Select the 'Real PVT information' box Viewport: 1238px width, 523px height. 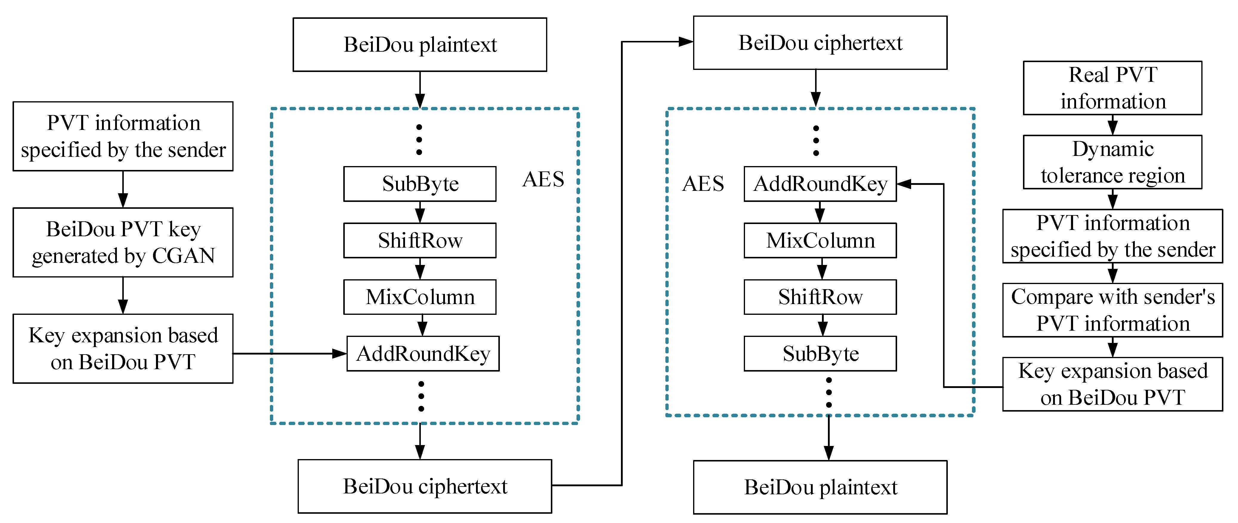coord(1112,88)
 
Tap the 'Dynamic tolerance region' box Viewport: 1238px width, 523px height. coord(1112,162)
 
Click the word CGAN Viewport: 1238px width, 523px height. coord(184,255)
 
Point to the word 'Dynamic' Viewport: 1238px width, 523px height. coord(1112,149)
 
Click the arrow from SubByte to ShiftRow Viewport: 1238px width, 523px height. coord(420,212)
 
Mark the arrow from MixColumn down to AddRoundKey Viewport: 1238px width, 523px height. coord(422,325)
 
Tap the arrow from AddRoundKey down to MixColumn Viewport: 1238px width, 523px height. coord(820,212)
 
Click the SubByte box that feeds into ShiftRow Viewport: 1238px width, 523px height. coord(420,184)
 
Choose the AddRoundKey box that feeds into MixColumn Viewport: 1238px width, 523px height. coord(820,184)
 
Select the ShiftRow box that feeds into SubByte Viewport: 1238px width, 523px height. coord(820,297)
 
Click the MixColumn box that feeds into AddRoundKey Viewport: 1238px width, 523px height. coord(420,297)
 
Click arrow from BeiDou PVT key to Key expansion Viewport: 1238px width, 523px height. coord(123,295)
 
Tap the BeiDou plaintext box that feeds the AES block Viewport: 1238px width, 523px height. coord(420,45)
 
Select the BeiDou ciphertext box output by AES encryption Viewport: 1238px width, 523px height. coord(424,486)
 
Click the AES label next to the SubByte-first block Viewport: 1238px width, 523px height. coord(543,180)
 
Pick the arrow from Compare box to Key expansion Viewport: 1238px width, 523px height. coord(1112,347)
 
